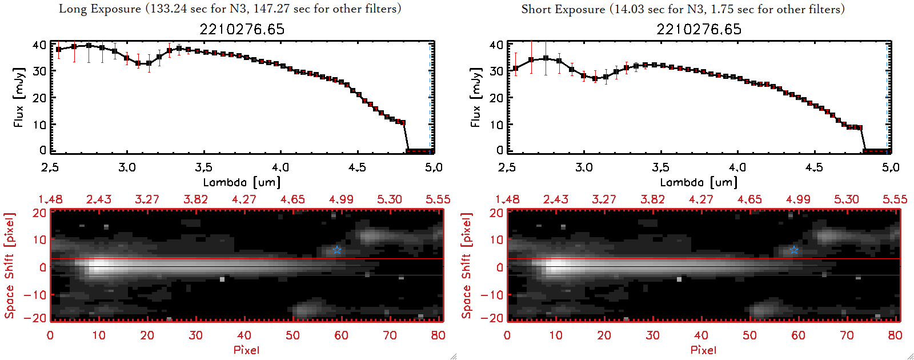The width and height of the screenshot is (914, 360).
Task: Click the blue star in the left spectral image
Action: pyautogui.click(x=337, y=250)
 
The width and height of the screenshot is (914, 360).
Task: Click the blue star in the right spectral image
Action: pyautogui.click(x=794, y=250)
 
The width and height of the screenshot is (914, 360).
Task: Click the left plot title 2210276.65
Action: pyautogui.click(x=242, y=29)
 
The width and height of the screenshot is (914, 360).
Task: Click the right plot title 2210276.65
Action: pyautogui.click(x=699, y=29)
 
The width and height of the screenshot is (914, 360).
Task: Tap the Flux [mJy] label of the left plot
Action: pyautogui.click(x=19, y=97)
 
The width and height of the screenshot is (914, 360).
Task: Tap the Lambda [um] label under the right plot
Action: pyautogui.click(x=699, y=182)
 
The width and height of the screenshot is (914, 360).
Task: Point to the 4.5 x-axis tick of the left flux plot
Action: pyautogui.click(x=357, y=167)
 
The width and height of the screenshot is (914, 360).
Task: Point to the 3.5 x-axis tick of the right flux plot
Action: pyautogui.click(x=660, y=167)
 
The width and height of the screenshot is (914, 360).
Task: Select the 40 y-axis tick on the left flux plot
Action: pyautogui.click(x=39, y=45)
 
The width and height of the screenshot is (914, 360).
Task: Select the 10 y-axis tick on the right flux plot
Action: pyautogui.click(x=496, y=124)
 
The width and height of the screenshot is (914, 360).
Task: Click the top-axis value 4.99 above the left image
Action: pyautogui.click(x=341, y=199)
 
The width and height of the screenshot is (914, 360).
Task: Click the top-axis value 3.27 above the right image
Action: pyautogui.click(x=604, y=199)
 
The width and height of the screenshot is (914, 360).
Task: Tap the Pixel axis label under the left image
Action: pyautogui.click(x=246, y=350)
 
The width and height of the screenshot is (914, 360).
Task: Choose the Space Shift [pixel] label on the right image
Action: pyautogui.click(x=467, y=266)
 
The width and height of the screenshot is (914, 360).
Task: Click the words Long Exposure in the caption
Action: pyautogui.click(x=100, y=9)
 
